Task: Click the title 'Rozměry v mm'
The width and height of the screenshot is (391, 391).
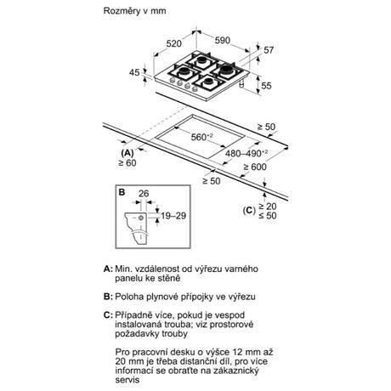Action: [134, 11]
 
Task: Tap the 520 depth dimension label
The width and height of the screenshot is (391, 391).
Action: [173, 43]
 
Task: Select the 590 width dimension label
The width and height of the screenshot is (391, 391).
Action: [223, 41]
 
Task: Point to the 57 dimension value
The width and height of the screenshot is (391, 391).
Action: [269, 50]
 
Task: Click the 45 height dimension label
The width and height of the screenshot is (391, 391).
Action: [134, 72]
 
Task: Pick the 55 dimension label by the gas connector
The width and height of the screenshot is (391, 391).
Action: [266, 86]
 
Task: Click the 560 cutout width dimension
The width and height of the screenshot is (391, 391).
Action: [201, 137]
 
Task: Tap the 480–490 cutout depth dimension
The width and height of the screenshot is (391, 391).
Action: [246, 153]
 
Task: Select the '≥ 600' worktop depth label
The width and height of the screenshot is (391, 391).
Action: [255, 167]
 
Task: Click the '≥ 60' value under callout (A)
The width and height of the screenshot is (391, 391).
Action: [127, 163]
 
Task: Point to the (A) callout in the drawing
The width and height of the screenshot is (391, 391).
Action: [127, 153]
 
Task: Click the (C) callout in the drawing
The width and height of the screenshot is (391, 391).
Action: [249, 211]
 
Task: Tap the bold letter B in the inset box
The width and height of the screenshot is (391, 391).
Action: [122, 192]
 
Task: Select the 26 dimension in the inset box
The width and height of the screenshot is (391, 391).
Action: [144, 194]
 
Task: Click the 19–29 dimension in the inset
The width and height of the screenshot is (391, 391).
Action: [173, 216]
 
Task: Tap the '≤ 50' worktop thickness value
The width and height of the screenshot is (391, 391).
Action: [268, 216]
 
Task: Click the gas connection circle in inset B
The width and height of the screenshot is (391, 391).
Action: [141, 218]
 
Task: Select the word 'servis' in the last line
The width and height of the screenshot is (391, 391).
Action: [127, 380]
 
